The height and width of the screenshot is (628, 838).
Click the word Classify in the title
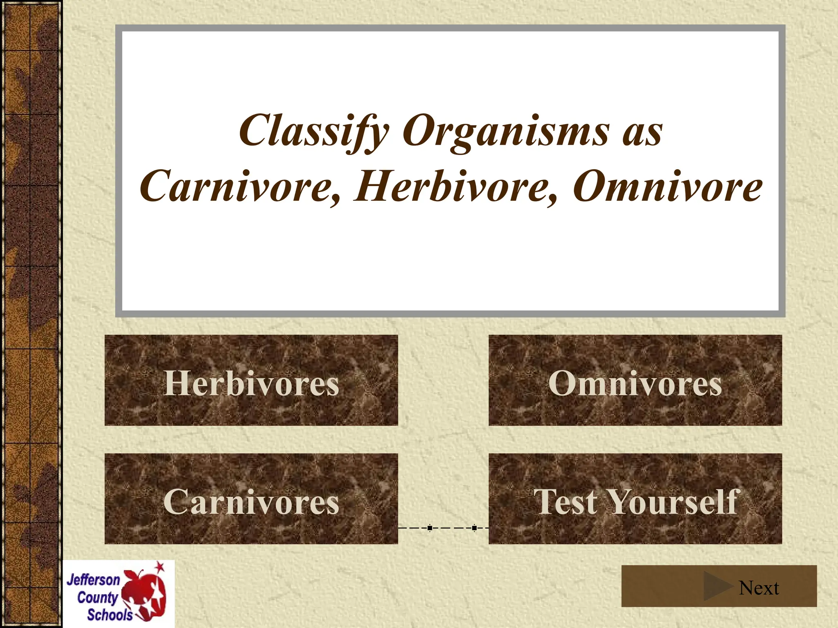pos(314,131)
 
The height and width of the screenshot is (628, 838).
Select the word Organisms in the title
pos(506,131)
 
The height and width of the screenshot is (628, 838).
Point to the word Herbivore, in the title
pos(456,187)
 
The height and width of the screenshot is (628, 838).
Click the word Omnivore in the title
pos(667,187)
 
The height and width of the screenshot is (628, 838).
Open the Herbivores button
pos(251,380)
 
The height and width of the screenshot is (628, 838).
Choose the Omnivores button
pos(635,380)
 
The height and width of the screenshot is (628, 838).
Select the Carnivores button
pos(251,498)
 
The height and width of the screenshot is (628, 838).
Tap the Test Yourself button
pos(635,498)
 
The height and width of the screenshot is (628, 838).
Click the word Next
pos(759,588)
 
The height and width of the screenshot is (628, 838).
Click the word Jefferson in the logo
pos(93,580)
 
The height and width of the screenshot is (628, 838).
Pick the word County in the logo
pos(97,597)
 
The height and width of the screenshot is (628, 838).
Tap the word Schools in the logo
pos(110,615)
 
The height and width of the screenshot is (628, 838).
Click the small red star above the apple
pos(160,567)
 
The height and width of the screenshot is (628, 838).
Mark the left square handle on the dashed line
pos(430,528)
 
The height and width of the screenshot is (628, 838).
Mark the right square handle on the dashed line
pos(474,528)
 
